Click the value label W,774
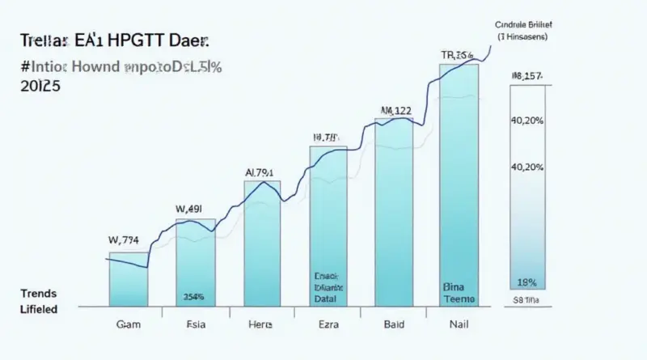[124, 239]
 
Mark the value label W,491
[192, 208]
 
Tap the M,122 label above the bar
[396, 111]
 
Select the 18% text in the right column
[526, 283]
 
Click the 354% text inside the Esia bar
[193, 296]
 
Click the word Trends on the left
[37, 292]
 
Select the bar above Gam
[129, 279]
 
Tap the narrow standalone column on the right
[527, 186]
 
